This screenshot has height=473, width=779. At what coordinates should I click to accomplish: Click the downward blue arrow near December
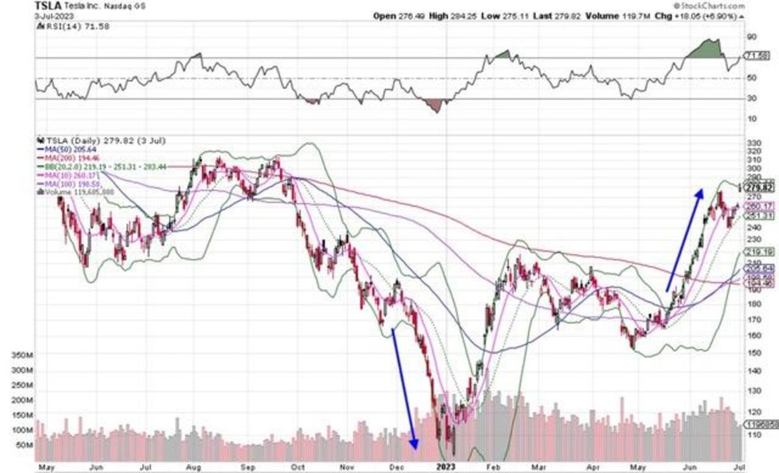click(x=403, y=388)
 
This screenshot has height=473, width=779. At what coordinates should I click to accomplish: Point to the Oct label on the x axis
click(x=298, y=467)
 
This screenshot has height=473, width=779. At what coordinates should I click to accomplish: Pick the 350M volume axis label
click(x=22, y=356)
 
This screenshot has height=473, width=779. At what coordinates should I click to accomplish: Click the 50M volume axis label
click(x=24, y=445)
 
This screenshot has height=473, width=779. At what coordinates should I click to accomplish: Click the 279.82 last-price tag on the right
click(x=759, y=188)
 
